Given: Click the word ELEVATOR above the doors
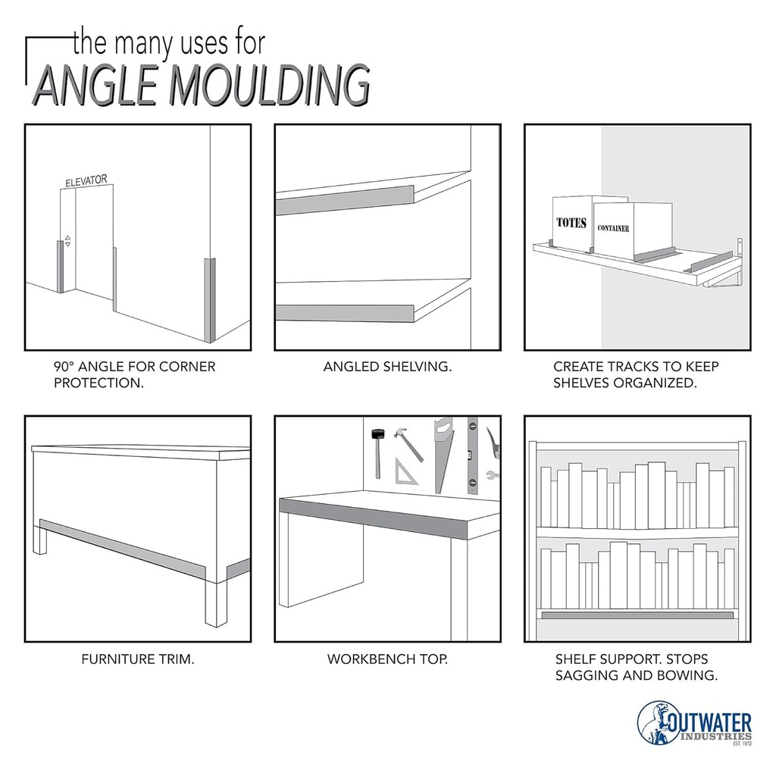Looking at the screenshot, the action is pyautogui.click(x=86, y=180).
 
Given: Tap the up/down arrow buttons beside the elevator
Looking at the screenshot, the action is pyautogui.click(x=67, y=240).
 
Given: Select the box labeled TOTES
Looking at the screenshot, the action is pyautogui.click(x=572, y=222).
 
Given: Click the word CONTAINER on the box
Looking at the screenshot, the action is pyautogui.click(x=613, y=228).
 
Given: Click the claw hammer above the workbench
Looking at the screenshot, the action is pyautogui.click(x=408, y=444).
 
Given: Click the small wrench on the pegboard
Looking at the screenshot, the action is pyautogui.click(x=492, y=475).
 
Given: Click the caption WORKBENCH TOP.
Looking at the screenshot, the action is pyautogui.click(x=387, y=659).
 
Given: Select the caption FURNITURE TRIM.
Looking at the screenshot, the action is pyautogui.click(x=138, y=659).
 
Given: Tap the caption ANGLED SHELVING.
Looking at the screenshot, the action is pyautogui.click(x=387, y=367).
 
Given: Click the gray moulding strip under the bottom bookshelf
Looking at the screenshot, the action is pyautogui.click(x=637, y=615).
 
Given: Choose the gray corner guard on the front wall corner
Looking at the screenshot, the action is pyautogui.click(x=210, y=300).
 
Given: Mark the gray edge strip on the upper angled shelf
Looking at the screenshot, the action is pyautogui.click(x=345, y=200).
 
